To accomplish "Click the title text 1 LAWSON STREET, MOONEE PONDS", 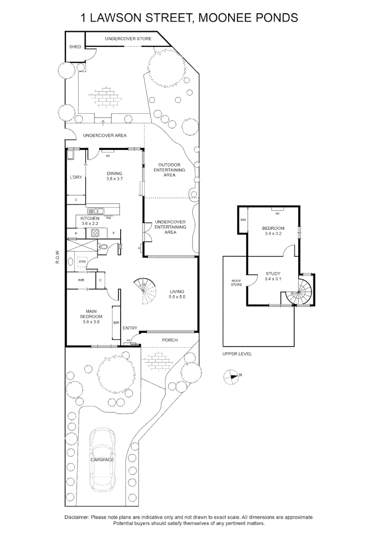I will pos(189,18).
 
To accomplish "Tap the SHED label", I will pos(75,47).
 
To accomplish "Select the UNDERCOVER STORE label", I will pos(128,39).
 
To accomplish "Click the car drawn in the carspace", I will pos(102,459).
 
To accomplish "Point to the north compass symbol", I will pos(231,377).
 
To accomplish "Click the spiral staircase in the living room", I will pos(144,292).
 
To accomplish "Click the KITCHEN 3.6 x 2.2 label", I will pos(91,221).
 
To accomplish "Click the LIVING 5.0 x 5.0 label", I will pos(177,294).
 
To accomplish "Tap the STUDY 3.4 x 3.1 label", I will pos(273,276).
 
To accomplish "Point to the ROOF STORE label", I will pos(236,283).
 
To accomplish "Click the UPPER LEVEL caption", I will pos(237,354).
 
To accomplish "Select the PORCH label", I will pos(170,340).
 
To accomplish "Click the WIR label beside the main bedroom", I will pos(81,280).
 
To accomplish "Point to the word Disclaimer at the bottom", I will pos(77,517).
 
